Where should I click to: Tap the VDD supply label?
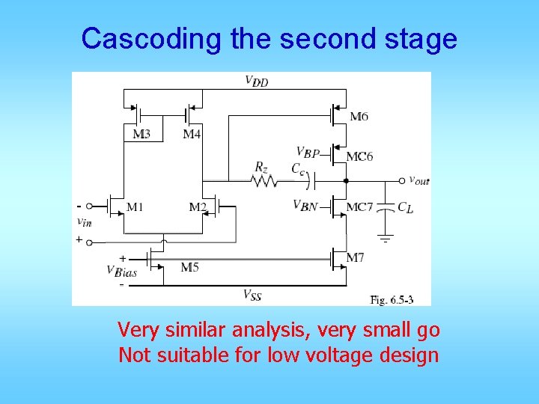tap(257, 81)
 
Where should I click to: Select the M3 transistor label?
tap(141, 134)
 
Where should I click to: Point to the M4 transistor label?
tap(192, 134)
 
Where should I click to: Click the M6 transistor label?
tap(359, 116)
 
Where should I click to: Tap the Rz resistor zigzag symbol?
tap(261, 181)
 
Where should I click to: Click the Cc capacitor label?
tap(298, 168)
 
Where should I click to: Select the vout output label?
tap(418, 180)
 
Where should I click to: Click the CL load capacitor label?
tap(405, 207)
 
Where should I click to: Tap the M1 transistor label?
tap(135, 206)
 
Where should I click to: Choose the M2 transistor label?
tap(198, 206)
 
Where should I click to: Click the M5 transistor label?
tap(189, 267)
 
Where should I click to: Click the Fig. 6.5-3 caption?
tap(390, 299)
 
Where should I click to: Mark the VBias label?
tap(121, 272)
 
